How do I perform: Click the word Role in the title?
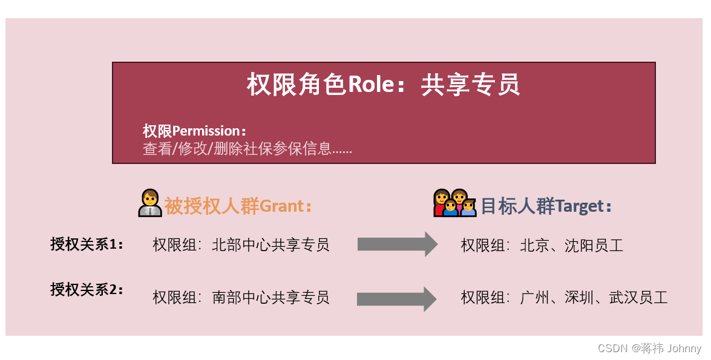pyautogui.click(x=370, y=85)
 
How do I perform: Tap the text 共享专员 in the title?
pyautogui.click(x=470, y=85)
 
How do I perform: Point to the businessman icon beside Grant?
pyautogui.click(x=149, y=203)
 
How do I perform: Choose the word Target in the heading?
pyautogui.click(x=580, y=206)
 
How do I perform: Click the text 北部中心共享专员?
pyautogui.click(x=270, y=245)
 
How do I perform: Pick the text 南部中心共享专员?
pyautogui.click(x=270, y=298)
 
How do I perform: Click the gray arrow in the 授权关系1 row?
pyautogui.click(x=397, y=244)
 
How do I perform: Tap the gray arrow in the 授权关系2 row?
pyautogui.click(x=397, y=299)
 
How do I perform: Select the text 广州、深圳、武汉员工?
pyautogui.click(x=594, y=298)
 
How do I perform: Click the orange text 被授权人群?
pyautogui.click(x=211, y=206)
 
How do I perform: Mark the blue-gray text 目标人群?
pyautogui.click(x=517, y=206)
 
